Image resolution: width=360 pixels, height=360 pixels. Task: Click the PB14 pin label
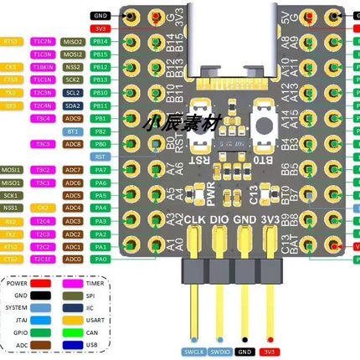click(100, 41)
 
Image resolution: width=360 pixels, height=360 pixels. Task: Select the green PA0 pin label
click(100, 260)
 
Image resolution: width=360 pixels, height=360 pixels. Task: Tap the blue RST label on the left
click(100, 157)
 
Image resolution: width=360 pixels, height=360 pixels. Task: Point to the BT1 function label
click(73, 131)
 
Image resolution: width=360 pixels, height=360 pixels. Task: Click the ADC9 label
click(73, 118)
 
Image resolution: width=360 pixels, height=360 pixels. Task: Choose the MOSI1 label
click(12, 170)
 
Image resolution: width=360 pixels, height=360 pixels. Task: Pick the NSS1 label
click(12, 208)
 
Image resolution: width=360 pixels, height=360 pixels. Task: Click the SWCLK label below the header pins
click(194, 352)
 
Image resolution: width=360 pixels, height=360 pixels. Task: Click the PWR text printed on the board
click(210, 193)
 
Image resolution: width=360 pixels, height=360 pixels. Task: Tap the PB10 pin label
click(100, 92)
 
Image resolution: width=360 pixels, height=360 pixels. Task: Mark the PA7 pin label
click(100, 170)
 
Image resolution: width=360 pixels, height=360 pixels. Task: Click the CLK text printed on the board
click(194, 219)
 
